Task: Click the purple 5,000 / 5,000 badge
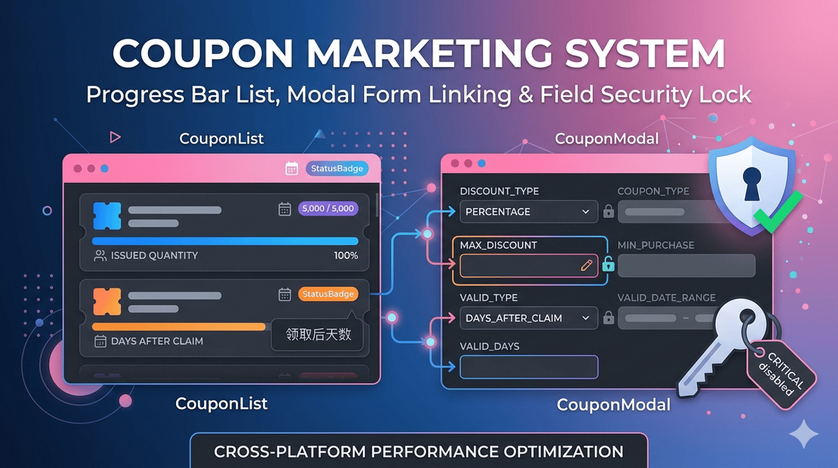click(328, 208)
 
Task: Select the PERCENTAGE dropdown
click(528, 212)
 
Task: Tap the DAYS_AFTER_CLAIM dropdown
click(528, 318)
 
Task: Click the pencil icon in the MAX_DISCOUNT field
click(586, 265)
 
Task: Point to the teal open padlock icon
click(608, 264)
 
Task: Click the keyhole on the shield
click(752, 184)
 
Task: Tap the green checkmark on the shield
click(777, 212)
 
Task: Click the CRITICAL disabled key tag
click(782, 374)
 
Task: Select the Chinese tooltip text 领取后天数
click(318, 334)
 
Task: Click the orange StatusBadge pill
click(328, 294)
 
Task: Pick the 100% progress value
click(346, 256)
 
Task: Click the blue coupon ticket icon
click(107, 216)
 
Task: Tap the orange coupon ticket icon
click(107, 302)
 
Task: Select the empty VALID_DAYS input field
click(528, 367)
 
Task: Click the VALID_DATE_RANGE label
click(666, 298)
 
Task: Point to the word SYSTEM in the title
click(645, 53)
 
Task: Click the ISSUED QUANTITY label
click(155, 256)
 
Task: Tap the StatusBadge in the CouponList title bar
click(337, 168)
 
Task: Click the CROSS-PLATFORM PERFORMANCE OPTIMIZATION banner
click(419, 451)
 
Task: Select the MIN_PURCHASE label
click(656, 245)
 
